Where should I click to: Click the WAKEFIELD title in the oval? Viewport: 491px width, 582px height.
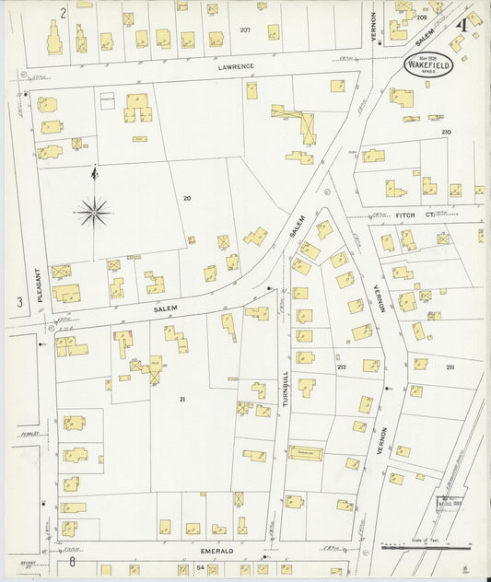[426, 67]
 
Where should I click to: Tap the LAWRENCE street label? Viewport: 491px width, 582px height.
[236, 67]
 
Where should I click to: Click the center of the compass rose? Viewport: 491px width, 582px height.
[95, 213]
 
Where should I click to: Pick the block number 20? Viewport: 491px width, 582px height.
[187, 198]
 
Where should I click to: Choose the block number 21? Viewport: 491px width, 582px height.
[182, 399]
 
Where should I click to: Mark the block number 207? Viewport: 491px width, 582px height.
[245, 30]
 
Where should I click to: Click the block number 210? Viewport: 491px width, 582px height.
[447, 133]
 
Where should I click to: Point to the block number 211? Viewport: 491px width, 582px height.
[450, 367]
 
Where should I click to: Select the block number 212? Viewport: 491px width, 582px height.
[341, 367]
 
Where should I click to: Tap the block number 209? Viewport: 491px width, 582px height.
[422, 17]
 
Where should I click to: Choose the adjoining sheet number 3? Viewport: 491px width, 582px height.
[18, 302]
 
